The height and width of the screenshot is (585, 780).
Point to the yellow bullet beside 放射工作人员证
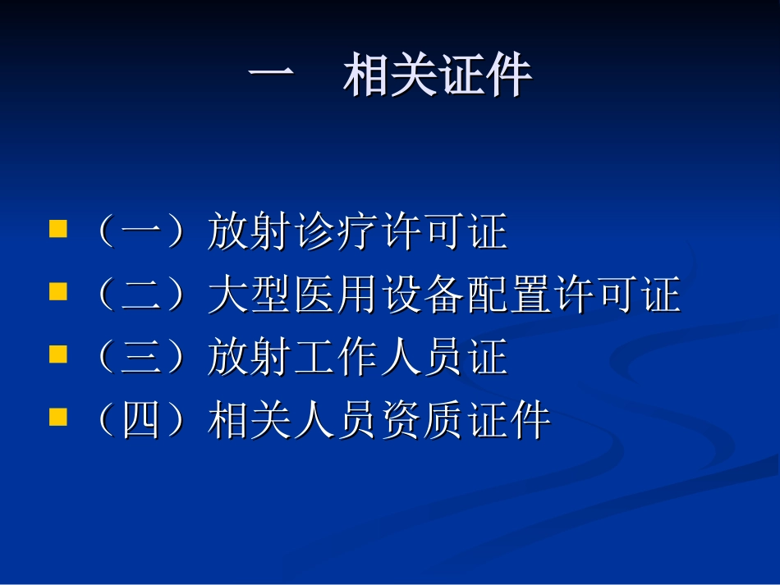pyautogui.click(x=57, y=354)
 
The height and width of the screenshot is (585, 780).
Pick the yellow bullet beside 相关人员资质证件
pyautogui.click(x=57, y=418)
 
